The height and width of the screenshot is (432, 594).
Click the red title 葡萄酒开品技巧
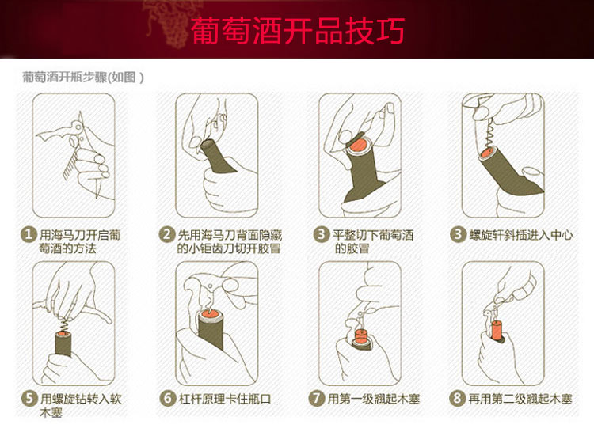[x=298, y=30]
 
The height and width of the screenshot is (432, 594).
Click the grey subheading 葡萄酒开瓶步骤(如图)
[x=83, y=78]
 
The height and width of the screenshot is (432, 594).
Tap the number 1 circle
[x=28, y=234]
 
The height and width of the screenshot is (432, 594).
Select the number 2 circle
[x=166, y=234]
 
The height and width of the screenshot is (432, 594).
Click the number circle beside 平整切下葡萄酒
[x=321, y=234]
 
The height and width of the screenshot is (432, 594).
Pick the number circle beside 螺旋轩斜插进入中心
[x=458, y=234]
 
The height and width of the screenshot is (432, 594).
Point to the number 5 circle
[x=29, y=398]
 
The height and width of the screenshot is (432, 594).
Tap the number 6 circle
[x=167, y=398]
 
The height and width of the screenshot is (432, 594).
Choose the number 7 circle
[x=317, y=398]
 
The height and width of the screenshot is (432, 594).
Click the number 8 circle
[x=457, y=398]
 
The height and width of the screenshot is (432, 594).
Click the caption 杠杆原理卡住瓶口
[x=225, y=399]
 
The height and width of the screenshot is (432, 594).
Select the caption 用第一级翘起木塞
[x=374, y=399]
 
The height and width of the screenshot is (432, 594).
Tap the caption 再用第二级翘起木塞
[x=520, y=399]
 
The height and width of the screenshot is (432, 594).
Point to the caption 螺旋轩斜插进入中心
[x=521, y=235]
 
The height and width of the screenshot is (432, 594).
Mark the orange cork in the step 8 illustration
[x=497, y=330]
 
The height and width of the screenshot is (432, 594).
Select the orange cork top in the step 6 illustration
[x=210, y=313]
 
